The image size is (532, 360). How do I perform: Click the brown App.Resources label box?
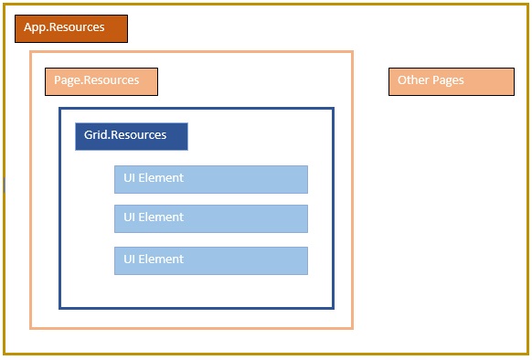71,28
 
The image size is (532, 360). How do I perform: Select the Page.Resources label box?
101,81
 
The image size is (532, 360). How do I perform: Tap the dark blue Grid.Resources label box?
131,136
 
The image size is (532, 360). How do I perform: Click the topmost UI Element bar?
210,179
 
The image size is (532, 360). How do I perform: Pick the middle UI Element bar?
210,218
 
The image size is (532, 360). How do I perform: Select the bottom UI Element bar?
210,260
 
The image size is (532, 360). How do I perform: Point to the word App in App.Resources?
35,28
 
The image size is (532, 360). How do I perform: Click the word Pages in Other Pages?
448,80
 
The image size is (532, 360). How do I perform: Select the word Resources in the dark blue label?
139,135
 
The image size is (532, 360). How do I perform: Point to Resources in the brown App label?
77,27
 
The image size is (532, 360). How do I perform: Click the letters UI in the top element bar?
130,178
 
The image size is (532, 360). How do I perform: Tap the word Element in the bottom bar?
161,259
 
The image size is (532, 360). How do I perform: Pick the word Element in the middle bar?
161,217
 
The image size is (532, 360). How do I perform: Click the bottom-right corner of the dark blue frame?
333,307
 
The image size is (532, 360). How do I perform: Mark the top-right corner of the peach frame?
352,52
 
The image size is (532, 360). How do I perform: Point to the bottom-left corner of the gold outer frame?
5,353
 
